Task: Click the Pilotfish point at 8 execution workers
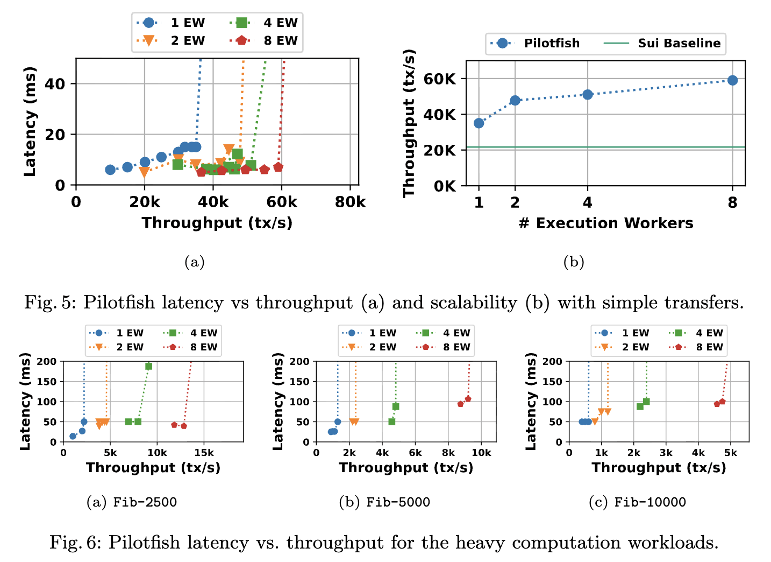coord(732,80)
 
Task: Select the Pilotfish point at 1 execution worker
coord(479,123)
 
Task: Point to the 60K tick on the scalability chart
coord(440,79)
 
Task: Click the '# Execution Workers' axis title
coord(606,223)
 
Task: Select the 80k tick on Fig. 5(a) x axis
coord(350,202)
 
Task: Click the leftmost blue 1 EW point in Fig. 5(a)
coord(110,170)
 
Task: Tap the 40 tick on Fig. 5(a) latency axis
coord(55,84)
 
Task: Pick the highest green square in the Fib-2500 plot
coord(149,366)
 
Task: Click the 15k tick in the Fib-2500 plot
coord(204,453)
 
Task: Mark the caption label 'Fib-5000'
coord(398,503)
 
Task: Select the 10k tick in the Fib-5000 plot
coord(481,453)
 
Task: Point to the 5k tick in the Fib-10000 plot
coord(730,453)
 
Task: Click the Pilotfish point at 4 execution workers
coord(588,95)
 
